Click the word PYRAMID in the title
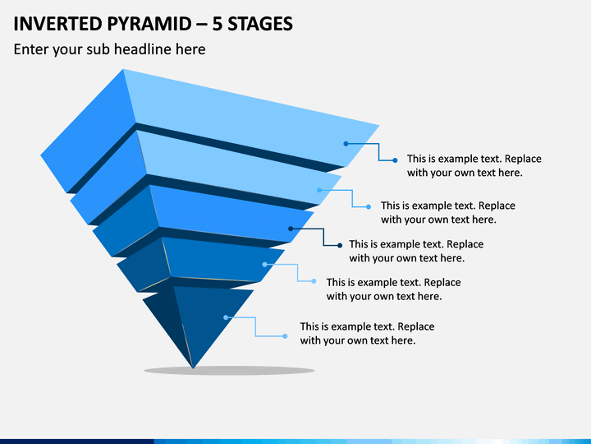click(149, 24)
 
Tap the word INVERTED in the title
click(57, 24)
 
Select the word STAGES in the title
click(260, 24)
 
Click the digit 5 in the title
click(217, 24)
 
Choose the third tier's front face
click(230, 213)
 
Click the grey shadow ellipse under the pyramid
click(229, 370)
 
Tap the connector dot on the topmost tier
click(346, 143)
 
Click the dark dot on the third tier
click(291, 229)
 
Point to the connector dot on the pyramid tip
click(226, 317)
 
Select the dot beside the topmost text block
click(395, 160)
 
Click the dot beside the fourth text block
click(314, 281)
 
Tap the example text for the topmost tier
click(474, 165)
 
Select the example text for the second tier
click(448, 212)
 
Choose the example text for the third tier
click(416, 251)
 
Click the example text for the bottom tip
click(367, 333)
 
